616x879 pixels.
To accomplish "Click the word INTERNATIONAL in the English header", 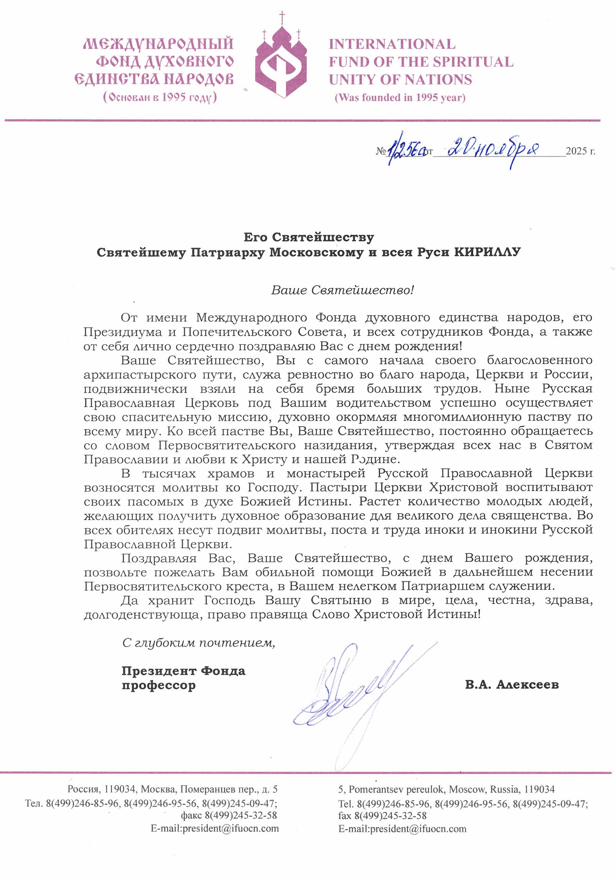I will (x=392, y=44).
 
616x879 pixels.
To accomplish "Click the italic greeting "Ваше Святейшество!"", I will (x=343, y=290).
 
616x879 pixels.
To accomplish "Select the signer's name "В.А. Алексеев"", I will (x=512, y=684).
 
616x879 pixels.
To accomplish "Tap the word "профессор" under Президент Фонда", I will (x=158, y=685).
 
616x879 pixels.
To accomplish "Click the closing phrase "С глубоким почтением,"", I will (x=199, y=643).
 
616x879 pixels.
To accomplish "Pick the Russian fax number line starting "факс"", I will (x=229, y=815).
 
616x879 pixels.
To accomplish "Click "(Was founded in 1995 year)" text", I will (x=400, y=97).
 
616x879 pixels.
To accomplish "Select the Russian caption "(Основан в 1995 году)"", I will (x=160, y=97).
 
